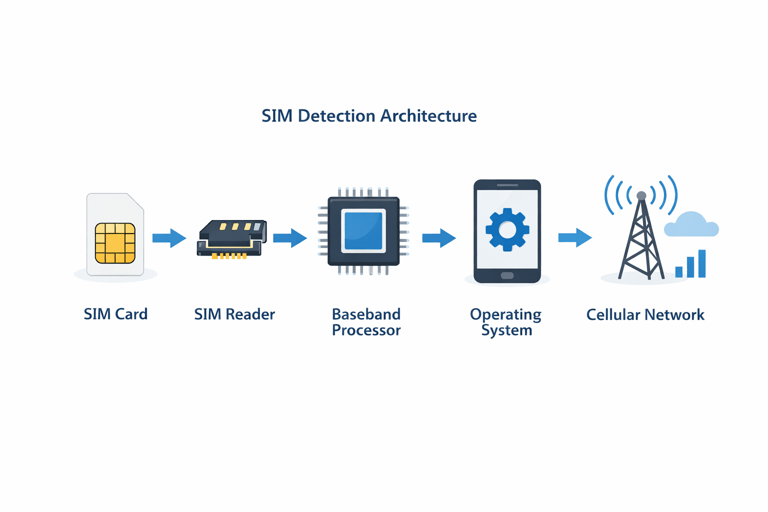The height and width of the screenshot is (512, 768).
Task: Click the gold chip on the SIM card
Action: (115, 243)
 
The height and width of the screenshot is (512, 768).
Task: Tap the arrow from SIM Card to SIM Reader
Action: (169, 238)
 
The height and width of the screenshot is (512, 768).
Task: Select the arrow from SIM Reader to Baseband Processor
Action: (289, 238)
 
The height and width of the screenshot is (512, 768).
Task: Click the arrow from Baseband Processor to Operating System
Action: (438, 238)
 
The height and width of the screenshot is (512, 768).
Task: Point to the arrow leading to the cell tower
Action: (574, 237)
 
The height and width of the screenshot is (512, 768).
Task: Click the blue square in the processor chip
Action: (363, 230)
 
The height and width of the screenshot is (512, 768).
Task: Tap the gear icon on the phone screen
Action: (507, 229)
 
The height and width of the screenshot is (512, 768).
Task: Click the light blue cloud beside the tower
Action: (691, 225)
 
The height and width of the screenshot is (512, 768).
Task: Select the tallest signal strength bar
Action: (702, 263)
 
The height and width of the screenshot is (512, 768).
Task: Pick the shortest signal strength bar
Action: (679, 272)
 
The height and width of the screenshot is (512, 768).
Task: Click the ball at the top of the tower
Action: (641, 195)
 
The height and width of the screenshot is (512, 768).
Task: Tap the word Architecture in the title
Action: (428, 116)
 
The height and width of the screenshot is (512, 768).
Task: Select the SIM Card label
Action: (115, 314)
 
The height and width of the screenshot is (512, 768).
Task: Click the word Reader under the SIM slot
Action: (250, 314)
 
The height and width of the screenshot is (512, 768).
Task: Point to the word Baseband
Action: (366, 314)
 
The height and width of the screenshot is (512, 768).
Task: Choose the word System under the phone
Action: (506, 330)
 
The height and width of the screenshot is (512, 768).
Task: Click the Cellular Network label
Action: (645, 314)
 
